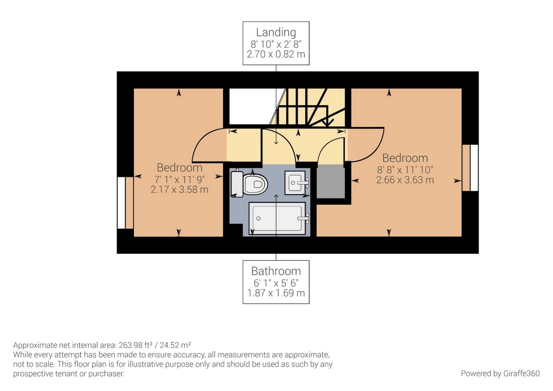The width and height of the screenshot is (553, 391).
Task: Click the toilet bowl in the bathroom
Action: tap(255, 184)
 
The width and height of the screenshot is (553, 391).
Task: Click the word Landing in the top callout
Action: tap(276, 32)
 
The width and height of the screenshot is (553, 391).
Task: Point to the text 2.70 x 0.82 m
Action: tap(276, 54)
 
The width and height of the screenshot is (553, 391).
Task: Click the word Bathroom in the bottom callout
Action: tap(276, 271)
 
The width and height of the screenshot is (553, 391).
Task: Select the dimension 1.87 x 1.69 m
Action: tap(276, 293)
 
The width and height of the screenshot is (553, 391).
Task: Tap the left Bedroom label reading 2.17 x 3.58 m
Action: tap(179, 190)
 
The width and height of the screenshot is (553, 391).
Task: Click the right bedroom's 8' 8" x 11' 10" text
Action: tap(405, 170)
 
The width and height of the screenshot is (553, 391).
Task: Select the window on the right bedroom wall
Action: tap(474, 168)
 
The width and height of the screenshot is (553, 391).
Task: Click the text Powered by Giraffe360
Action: tap(500, 373)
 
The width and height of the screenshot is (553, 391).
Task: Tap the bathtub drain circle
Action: tap(258, 218)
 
